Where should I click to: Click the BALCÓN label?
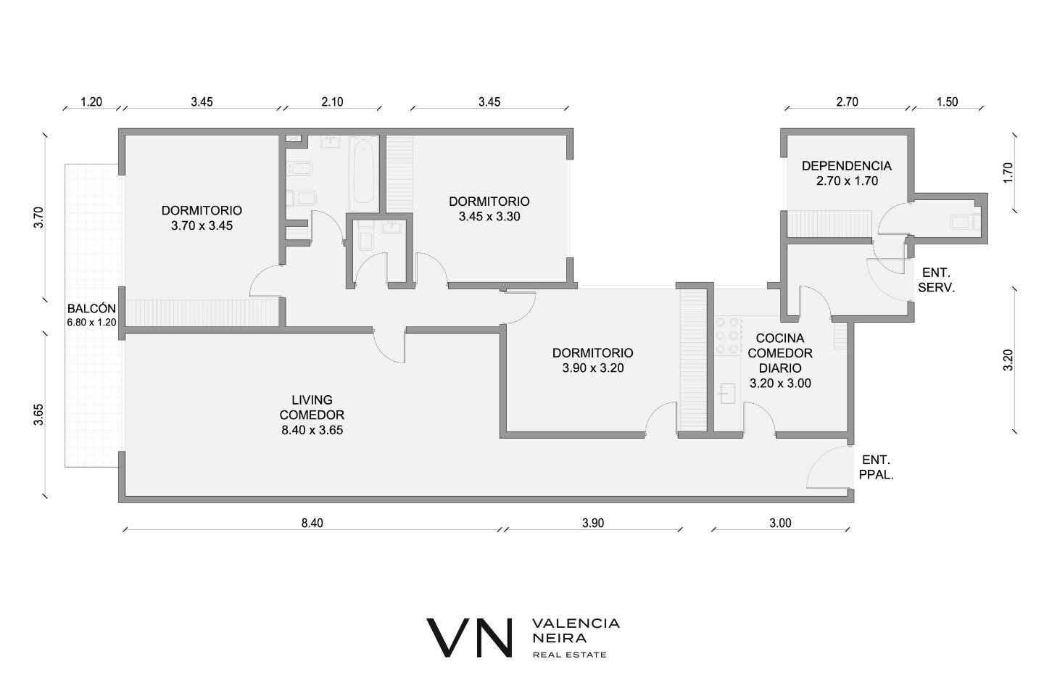coord(91,308)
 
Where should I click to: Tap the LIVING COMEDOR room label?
coord(312,407)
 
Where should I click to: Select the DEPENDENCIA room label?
coord(847,165)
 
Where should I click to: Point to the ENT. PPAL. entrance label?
coord(877,467)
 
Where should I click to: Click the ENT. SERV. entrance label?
coord(937,280)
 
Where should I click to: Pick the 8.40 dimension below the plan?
coord(312,523)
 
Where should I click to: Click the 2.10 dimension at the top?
coord(332,101)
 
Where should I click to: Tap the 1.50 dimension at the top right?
coord(947,101)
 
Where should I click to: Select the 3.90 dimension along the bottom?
coord(593,523)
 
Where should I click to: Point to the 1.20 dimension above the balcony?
coord(91,101)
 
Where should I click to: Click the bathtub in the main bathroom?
coord(363,173)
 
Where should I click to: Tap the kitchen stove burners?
coord(728,335)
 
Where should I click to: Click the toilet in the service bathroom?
coord(965,222)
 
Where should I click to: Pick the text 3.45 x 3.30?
coord(489,216)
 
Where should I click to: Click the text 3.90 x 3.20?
coord(593,368)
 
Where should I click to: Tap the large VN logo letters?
coord(469,638)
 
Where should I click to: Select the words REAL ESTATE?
coord(570,655)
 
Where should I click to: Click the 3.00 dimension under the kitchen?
coord(780,523)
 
